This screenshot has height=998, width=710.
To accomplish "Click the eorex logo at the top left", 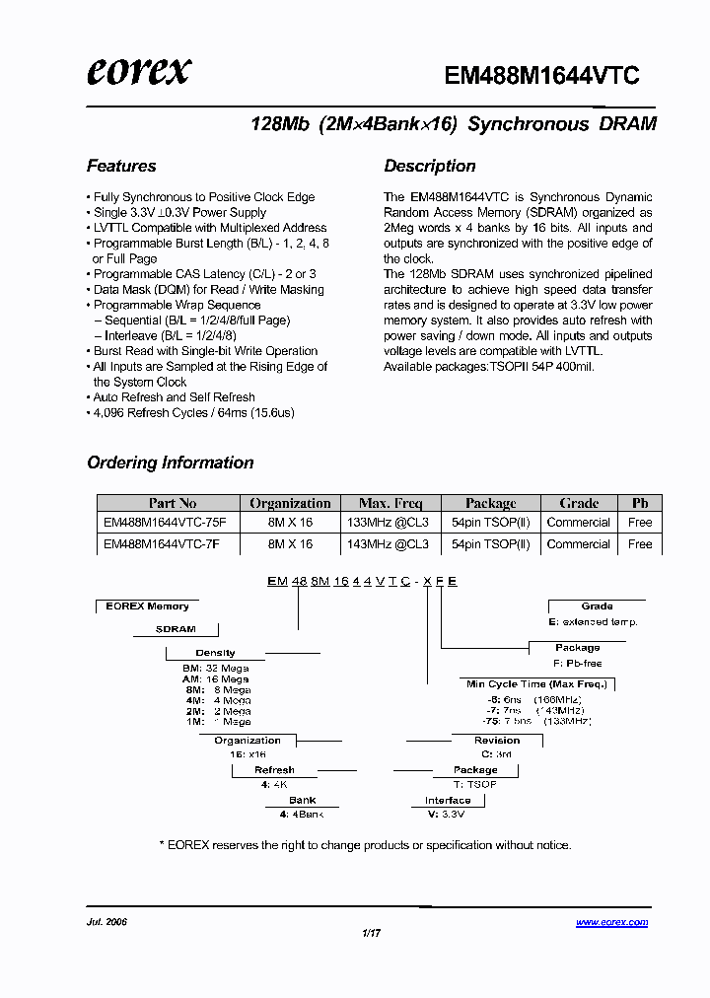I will (x=139, y=71).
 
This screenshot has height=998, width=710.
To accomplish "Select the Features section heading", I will (x=121, y=166).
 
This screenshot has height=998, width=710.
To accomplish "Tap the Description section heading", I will (x=430, y=166).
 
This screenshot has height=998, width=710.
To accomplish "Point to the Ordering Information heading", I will (x=171, y=463).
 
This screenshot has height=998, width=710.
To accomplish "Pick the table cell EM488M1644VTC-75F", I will (x=165, y=523).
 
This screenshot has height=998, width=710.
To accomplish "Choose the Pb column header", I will (x=640, y=503).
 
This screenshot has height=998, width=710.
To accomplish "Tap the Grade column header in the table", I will (x=579, y=503).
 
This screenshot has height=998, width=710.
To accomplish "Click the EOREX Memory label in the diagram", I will (x=147, y=606).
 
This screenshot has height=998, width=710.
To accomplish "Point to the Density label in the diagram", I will (x=215, y=653).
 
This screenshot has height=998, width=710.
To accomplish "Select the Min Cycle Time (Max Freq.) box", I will (x=537, y=683).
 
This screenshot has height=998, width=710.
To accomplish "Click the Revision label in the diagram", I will (x=497, y=741).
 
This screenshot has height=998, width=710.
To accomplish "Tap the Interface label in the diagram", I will (x=448, y=801).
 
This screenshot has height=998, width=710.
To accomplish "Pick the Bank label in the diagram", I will (x=303, y=801).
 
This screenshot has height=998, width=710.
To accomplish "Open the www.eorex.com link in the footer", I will (x=611, y=923).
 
